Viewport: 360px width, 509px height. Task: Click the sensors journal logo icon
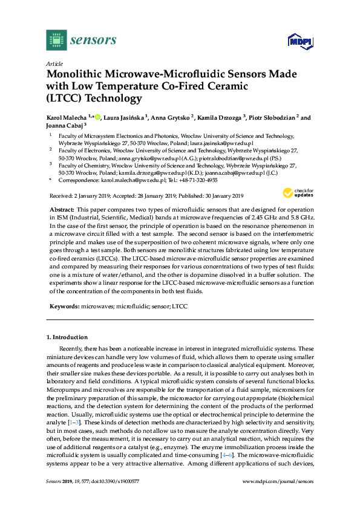56,41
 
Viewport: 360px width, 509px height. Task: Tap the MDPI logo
300,42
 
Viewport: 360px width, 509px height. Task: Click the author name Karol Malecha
67,118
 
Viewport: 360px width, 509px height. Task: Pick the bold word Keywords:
64,306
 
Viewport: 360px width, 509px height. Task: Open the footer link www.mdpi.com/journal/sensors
278,498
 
